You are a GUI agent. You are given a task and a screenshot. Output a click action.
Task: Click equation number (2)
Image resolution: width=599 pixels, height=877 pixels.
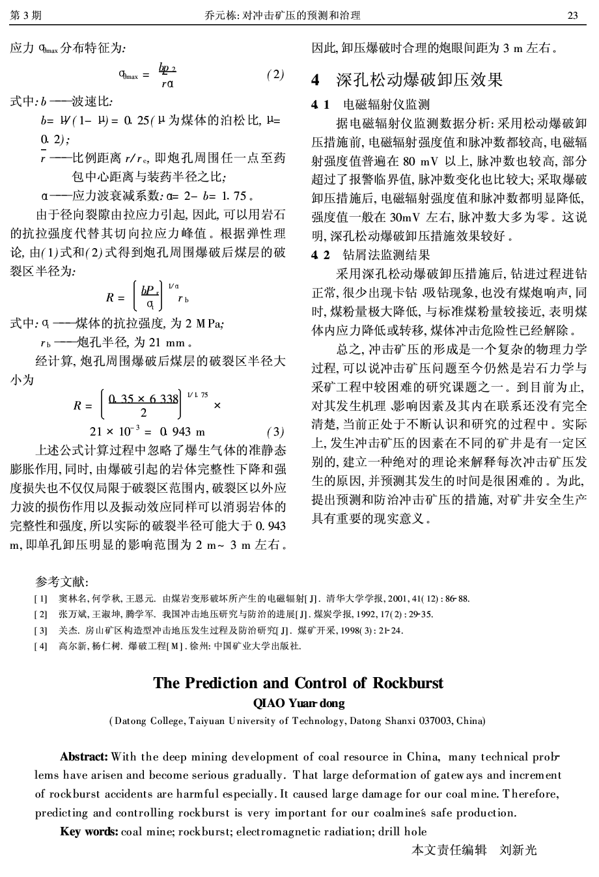[x=275, y=74]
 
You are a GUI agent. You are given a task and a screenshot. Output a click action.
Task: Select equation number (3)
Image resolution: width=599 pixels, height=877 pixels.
[x=275, y=431]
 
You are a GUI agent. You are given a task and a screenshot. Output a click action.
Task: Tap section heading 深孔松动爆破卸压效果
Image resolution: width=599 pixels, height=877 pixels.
[x=419, y=80]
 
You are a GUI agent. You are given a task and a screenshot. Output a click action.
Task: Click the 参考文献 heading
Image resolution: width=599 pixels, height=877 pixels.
[x=63, y=581]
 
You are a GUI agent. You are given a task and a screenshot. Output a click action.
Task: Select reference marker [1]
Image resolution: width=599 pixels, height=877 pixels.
[x=40, y=598]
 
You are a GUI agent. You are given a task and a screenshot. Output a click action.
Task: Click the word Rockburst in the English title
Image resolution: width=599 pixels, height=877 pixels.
[x=408, y=683]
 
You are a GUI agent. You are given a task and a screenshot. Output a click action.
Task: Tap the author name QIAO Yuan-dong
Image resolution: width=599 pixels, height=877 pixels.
[x=299, y=703]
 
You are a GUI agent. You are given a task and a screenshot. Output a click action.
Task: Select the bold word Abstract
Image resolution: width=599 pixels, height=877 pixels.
[x=84, y=757]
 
